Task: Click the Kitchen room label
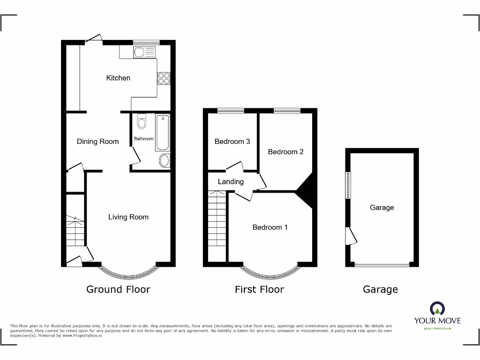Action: pyautogui.click(x=118, y=78)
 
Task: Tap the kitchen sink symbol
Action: pyautogui.click(x=144, y=52)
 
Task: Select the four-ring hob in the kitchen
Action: pyautogui.click(x=164, y=78)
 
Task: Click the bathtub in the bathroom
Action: pyautogui.click(x=163, y=132)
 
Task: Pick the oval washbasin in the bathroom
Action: pyautogui.click(x=164, y=161)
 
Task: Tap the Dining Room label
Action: pyautogui.click(x=97, y=142)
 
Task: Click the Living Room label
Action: pyautogui.click(x=128, y=217)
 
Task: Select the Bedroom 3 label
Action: pyautogui.click(x=232, y=142)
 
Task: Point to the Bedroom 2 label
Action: pyautogui.click(x=285, y=152)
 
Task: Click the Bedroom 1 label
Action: pyautogui.click(x=270, y=227)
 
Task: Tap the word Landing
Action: pyautogui.click(x=231, y=182)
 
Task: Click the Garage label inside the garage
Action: pyautogui.click(x=382, y=208)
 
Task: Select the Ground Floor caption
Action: pyautogui.click(x=118, y=289)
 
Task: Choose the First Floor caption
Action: pyautogui.click(x=259, y=289)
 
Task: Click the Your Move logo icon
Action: pyautogui.click(x=437, y=308)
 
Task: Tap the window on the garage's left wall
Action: pyautogui.click(x=348, y=185)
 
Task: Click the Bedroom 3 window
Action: pyautogui.click(x=231, y=111)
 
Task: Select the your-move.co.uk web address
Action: pyautogui.click(x=437, y=329)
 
